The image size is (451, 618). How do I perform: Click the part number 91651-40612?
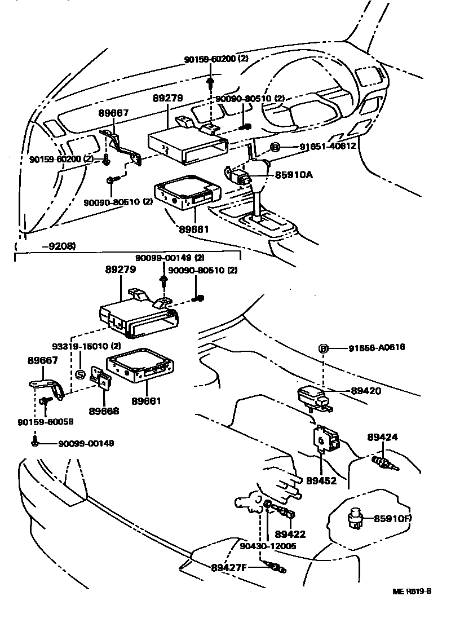coord(320,147)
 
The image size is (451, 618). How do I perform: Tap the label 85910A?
coord(294,175)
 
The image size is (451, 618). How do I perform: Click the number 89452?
coord(321,481)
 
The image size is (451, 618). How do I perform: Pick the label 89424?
coord(383,437)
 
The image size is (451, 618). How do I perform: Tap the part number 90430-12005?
coord(267,546)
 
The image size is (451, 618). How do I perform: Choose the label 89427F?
coord(229,567)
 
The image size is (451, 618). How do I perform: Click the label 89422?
coord(290,534)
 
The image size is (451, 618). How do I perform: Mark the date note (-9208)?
coord(46,246)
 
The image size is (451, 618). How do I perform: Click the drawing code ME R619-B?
coord(412,591)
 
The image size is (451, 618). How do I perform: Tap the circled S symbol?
coord(80,374)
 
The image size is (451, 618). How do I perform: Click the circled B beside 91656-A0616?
coord(324,348)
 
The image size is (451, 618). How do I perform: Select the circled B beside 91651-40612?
coord(275,148)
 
